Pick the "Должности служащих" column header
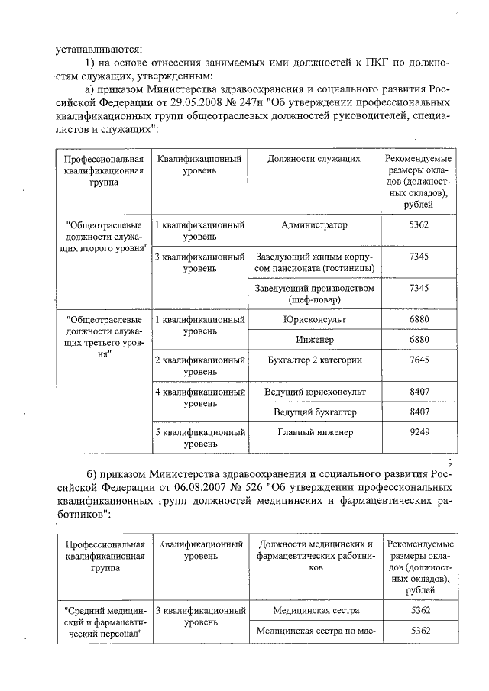coord(314,159)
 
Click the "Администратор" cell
coord(314,226)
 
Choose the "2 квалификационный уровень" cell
coord(199,365)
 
